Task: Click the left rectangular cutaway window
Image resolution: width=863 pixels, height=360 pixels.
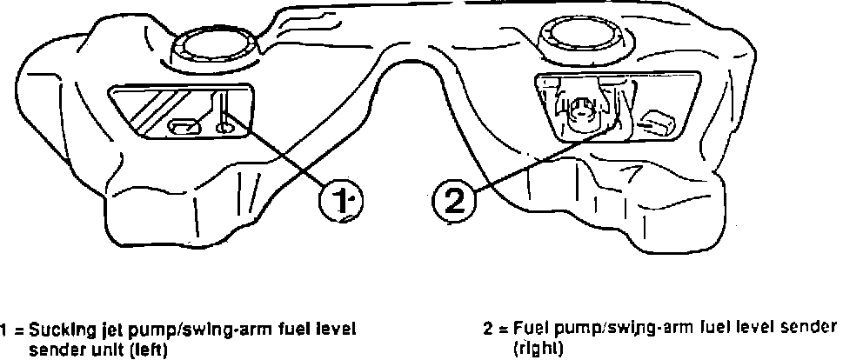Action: point(179,110)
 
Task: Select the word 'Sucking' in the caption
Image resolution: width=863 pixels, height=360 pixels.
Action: point(57,331)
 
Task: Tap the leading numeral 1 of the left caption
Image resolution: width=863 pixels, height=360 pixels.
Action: point(5,331)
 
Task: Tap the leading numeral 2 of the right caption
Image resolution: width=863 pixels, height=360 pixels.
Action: point(488,329)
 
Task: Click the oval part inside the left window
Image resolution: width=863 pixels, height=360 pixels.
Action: point(184,127)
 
